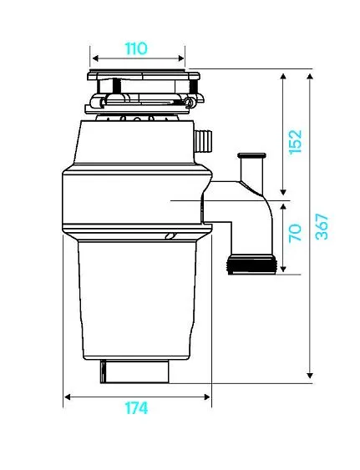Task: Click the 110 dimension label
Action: click(x=136, y=48)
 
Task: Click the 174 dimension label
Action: click(x=136, y=408)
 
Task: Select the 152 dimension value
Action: click(x=295, y=142)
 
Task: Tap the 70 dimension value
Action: click(x=295, y=233)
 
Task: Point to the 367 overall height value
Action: click(x=322, y=226)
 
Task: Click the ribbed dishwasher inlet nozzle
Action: click(x=204, y=141)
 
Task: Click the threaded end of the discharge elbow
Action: click(x=251, y=265)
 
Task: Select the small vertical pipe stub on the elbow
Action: click(x=251, y=169)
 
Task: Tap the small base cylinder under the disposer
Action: click(x=134, y=371)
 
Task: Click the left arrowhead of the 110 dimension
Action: click(x=95, y=58)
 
